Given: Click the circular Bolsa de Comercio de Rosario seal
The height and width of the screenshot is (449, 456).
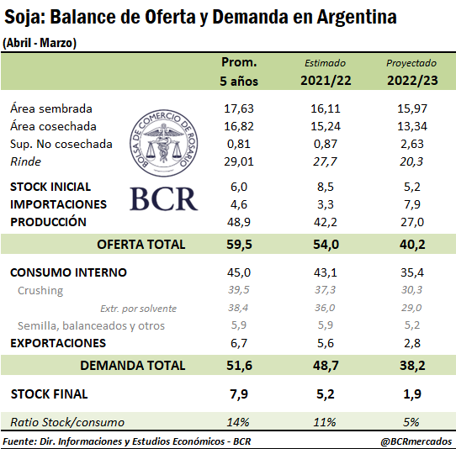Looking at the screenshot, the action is pos(164,143).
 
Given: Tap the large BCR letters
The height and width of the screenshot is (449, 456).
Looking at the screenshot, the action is pos(164,199).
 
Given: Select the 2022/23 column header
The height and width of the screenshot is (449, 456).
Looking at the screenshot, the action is pos(412,81).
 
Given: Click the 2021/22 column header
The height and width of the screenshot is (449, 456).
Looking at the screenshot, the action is pos(326,81).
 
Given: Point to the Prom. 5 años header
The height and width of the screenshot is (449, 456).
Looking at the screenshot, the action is pos(239,71).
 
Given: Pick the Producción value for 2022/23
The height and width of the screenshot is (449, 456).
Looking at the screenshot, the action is pos(412,222).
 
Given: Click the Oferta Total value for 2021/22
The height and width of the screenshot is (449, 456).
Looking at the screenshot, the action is pos(326,245).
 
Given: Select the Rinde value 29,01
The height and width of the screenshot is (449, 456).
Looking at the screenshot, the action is pos(239,161).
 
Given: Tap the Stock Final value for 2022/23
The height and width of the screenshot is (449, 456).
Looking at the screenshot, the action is pos(412,394).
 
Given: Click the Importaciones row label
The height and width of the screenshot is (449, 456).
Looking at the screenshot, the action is pos(58,204).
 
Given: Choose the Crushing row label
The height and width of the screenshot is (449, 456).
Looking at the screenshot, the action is pos(40,290).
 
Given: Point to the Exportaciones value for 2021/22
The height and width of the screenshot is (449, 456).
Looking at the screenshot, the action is pos(326,343).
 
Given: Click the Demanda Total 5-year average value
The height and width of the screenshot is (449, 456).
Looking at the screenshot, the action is pos(239,365).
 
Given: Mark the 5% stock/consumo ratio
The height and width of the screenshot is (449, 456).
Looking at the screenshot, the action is pos(411,422).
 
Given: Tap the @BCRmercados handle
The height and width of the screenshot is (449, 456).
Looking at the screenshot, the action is pos(416,441).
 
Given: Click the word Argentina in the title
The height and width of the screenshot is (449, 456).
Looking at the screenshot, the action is pos(357,17).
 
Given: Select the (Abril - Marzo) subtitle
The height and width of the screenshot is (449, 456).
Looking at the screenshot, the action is pos(40,43).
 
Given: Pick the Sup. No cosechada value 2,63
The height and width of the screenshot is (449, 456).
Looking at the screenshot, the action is pos(412,144).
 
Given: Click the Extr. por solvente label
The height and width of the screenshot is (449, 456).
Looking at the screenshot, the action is pos(139,309).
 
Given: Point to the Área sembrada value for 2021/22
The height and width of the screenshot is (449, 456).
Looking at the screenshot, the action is pos(326,108).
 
